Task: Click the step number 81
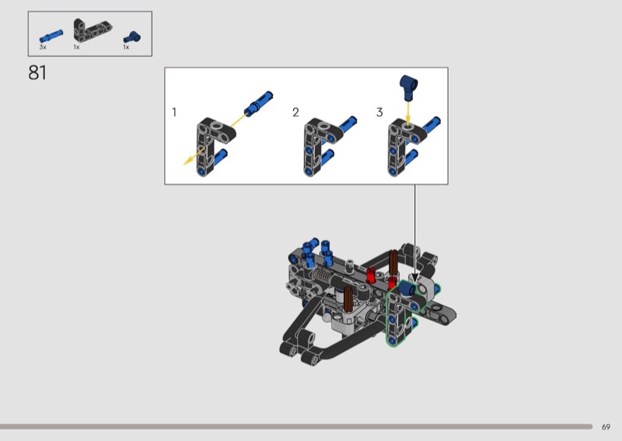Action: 37,73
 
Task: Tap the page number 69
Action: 606,427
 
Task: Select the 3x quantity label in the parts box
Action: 43,47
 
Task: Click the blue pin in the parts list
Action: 51,36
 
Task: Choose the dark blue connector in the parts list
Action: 132,37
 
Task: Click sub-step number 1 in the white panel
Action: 174,112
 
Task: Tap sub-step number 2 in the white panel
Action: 295,112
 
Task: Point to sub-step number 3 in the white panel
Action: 379,112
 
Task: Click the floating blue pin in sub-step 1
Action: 258,103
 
